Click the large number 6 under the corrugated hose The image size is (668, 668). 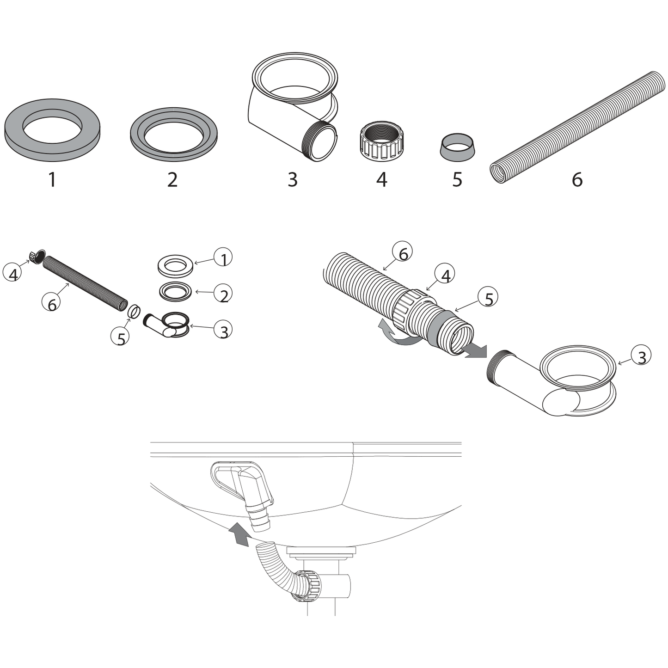(x=577, y=179)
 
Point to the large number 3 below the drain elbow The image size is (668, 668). (x=293, y=179)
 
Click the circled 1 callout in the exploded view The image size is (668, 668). (x=223, y=258)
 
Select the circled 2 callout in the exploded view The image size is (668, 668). (x=223, y=294)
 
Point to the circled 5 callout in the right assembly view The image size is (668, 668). (x=488, y=298)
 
